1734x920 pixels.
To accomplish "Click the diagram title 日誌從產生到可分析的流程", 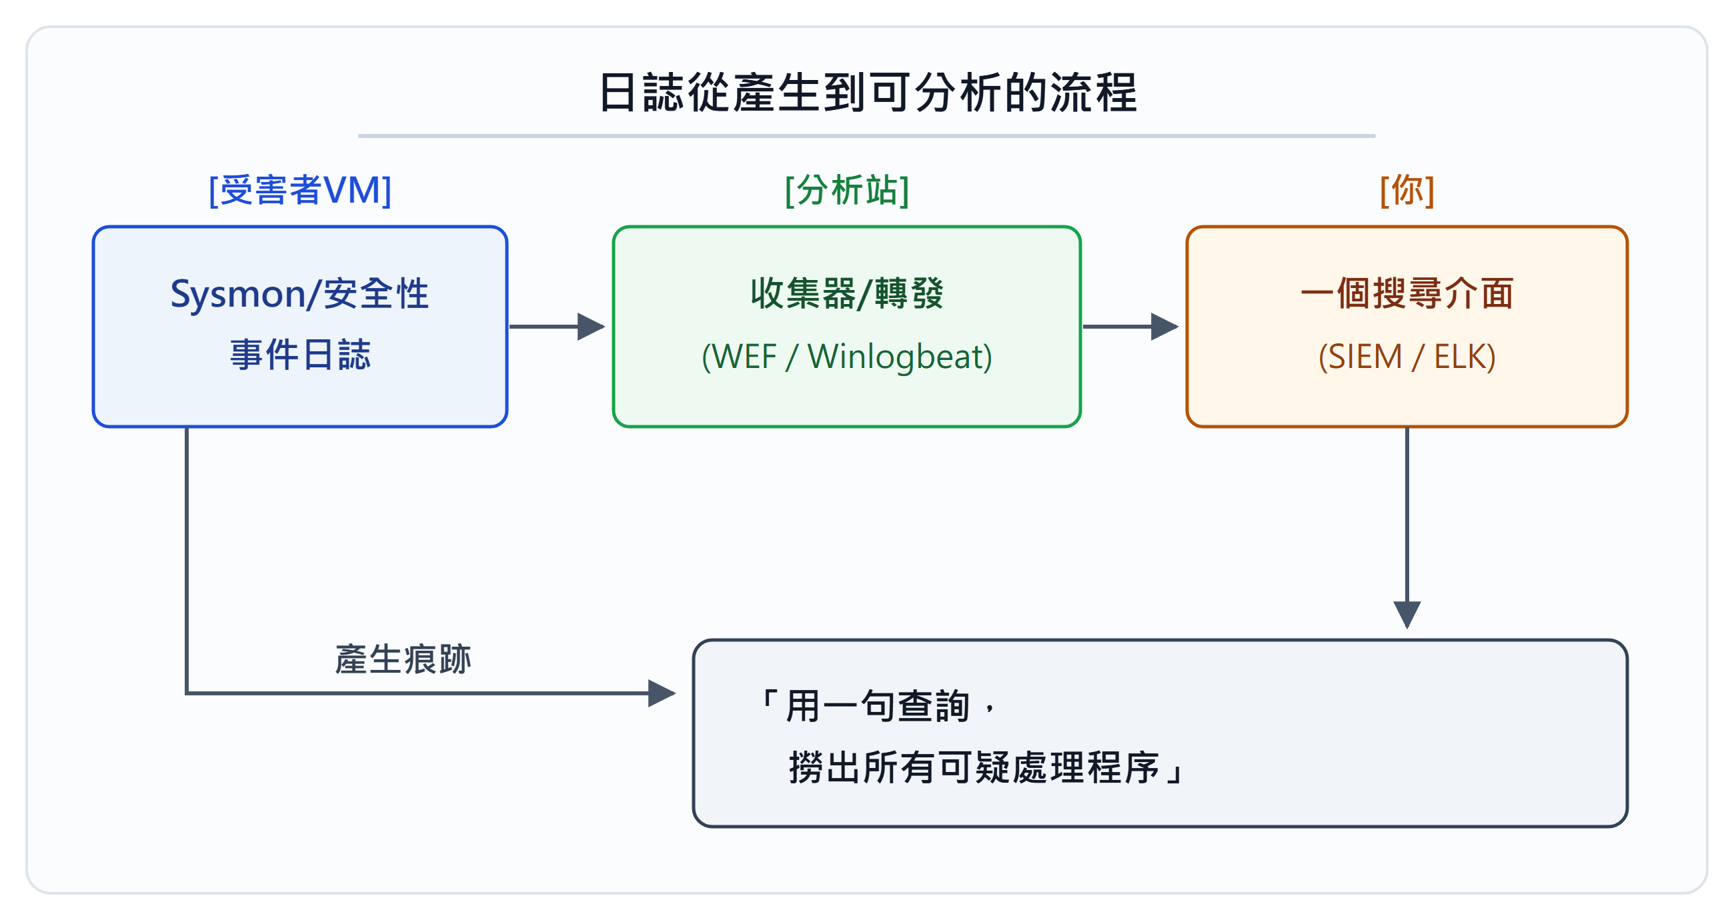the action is pos(867,92).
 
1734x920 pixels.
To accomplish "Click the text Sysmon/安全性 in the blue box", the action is pos(299,294).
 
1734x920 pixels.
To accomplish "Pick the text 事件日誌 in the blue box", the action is pos(300,355).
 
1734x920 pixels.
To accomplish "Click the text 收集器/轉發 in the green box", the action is pos(847,293).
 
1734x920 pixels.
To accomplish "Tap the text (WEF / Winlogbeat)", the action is pos(847,356).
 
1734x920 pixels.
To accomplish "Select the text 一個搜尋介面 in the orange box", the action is pos(1407,293).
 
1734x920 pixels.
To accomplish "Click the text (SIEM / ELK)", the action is pos(1407,356).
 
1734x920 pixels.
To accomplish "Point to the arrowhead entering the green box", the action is pos(591,327).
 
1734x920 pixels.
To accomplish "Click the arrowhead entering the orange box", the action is pos(1164,327).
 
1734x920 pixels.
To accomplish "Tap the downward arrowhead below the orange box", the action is pos(1407,615).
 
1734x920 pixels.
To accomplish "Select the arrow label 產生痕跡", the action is pos(403,659).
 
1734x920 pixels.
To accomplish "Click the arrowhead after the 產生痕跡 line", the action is pos(662,693).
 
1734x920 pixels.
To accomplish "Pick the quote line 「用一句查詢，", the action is pos(877,706).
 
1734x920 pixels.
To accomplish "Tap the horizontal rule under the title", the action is pos(867,136).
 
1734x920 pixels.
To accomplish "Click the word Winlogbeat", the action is pos(900,356).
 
